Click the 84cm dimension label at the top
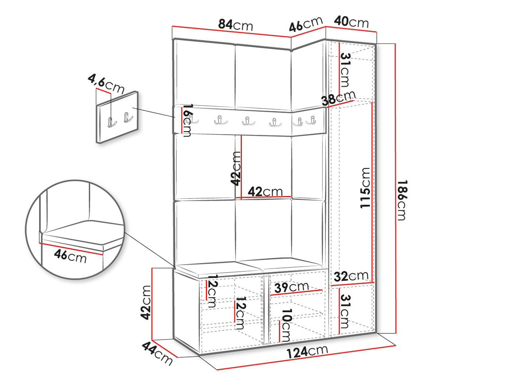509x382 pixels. point(235,25)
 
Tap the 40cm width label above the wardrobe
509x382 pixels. point(351,22)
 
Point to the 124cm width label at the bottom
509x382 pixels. point(307,352)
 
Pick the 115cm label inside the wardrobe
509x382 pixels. point(365,188)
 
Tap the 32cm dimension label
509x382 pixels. point(351,276)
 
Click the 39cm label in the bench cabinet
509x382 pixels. point(291,288)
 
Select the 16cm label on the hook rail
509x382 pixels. point(187,121)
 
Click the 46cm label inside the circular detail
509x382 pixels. point(70,256)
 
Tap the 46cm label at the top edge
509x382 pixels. point(306,24)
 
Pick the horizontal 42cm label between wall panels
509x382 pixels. point(265,192)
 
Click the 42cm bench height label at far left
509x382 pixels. point(146,303)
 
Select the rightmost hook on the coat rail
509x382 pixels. point(311,121)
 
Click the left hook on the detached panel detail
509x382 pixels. point(112,122)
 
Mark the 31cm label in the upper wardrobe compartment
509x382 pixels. point(345,70)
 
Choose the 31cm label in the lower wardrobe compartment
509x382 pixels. point(345,312)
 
